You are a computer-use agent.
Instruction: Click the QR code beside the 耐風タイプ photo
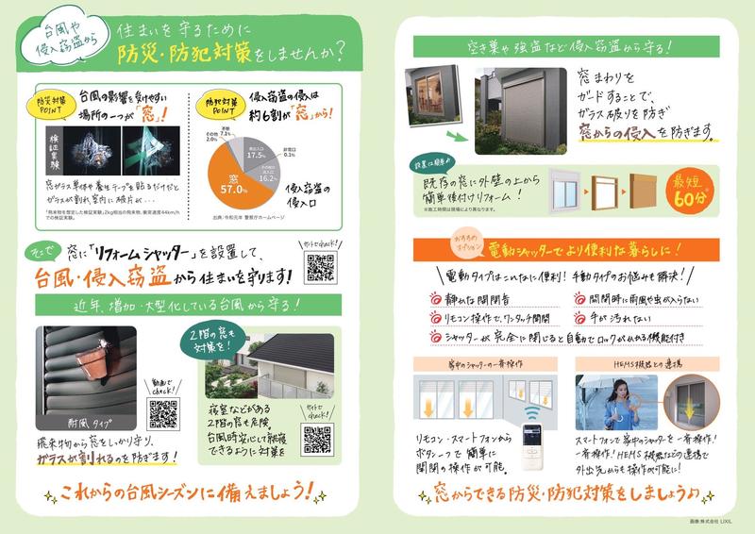click(162, 413)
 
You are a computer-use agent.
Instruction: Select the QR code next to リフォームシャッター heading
click(321, 268)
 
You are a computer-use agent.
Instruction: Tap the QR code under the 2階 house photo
click(317, 438)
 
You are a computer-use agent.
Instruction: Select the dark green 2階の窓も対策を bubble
click(225, 342)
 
